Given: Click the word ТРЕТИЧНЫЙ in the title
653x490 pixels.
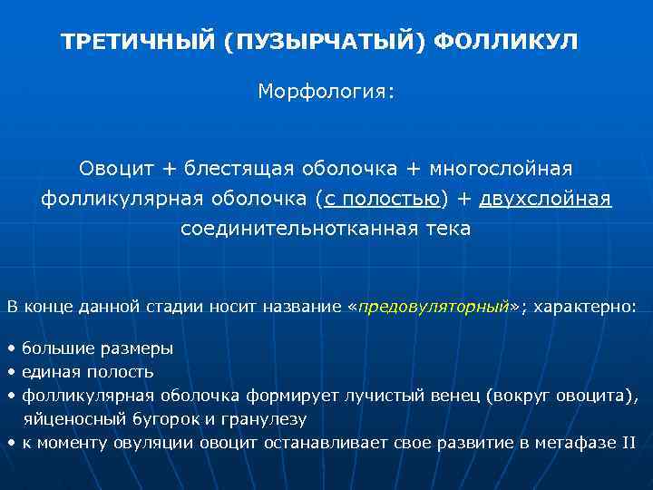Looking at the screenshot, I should [x=138, y=43].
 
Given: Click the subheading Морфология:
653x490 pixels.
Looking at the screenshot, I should [x=326, y=93].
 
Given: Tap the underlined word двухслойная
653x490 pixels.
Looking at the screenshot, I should [x=545, y=199].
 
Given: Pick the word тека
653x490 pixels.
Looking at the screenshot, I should [x=447, y=229].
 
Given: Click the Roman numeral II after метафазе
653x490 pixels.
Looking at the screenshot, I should [x=628, y=443].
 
